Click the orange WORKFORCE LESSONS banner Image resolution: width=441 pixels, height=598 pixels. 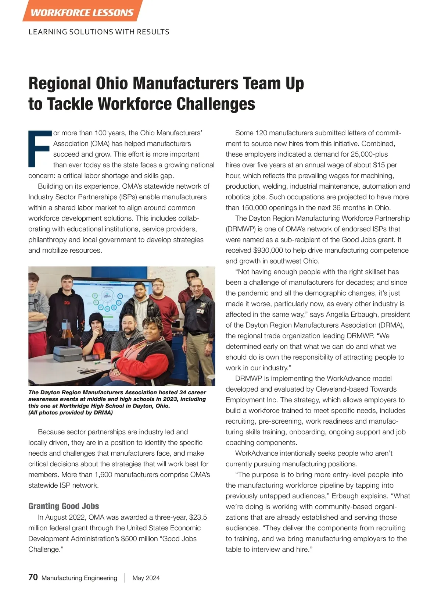82,12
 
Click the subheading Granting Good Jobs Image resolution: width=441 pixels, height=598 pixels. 64,506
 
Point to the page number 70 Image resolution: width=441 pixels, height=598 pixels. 33,577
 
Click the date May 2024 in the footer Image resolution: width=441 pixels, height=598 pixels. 146,578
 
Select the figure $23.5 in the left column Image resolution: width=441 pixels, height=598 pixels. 198,517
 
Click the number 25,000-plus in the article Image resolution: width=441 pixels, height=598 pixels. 368,154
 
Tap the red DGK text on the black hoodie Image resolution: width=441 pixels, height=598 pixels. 67,303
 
